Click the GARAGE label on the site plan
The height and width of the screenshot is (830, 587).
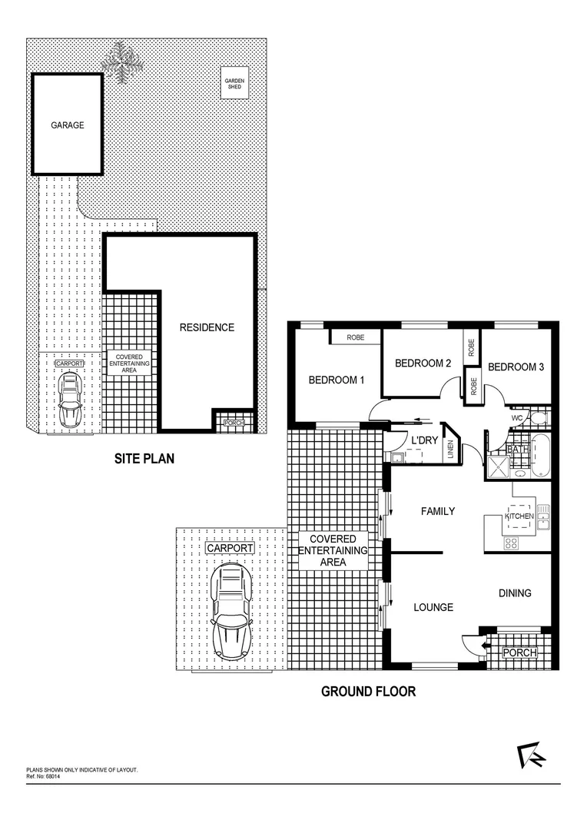(68, 124)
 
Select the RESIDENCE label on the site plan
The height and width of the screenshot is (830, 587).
(207, 327)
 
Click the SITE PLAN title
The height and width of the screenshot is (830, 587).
(144, 459)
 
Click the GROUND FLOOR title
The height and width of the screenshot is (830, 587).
(368, 692)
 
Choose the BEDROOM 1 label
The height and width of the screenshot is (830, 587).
(336, 380)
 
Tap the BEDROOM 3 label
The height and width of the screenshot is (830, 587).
(516, 367)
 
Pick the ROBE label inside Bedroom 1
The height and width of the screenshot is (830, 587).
(355, 337)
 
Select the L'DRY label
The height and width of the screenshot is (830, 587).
(424, 440)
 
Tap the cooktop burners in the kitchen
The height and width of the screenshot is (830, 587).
(512, 543)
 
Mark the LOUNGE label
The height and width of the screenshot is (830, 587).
(433, 607)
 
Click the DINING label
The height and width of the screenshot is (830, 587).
(515, 593)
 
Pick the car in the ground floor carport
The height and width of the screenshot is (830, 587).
(231, 610)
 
